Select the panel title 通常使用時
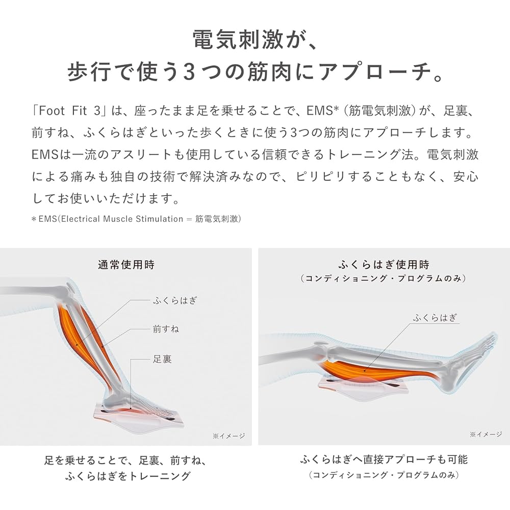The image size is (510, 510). tap(126, 265)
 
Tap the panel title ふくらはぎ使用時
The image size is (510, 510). tap(384, 265)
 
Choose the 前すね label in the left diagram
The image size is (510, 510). tap(166, 329)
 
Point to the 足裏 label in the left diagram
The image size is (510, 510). tap(163, 359)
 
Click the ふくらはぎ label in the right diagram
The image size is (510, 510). tap(435, 317)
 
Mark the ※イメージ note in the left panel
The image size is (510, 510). tap(228, 436)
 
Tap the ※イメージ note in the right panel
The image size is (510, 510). tap(486, 435)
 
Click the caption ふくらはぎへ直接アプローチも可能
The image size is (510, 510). tap(384, 460)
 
